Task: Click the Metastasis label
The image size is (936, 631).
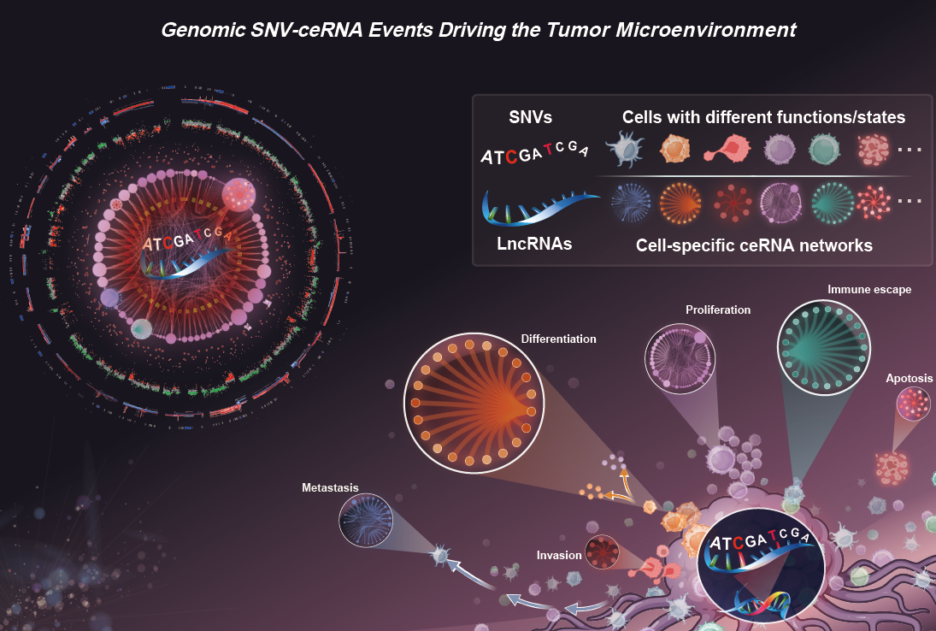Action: (x=330, y=487)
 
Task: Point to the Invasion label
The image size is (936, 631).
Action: (x=559, y=556)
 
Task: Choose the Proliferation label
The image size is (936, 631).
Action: (x=718, y=310)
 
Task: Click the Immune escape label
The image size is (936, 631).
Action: (x=869, y=290)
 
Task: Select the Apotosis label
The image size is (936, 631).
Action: (x=910, y=379)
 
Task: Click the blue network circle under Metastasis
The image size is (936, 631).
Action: (x=367, y=519)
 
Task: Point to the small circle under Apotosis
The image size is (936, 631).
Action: (x=912, y=404)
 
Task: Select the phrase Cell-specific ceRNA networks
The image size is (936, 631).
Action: (x=754, y=246)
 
